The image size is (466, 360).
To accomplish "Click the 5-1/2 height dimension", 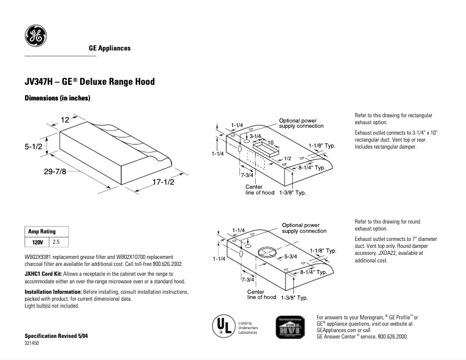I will [34, 147].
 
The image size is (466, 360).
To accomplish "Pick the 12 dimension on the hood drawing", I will [64, 120].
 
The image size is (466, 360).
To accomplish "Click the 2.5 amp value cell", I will [56, 241].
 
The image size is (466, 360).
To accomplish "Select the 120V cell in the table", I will [37, 241].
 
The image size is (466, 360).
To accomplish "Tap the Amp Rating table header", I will [42, 232].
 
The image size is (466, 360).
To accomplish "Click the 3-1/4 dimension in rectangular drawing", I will [256, 135].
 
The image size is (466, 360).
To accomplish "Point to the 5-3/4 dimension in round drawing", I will [291, 255].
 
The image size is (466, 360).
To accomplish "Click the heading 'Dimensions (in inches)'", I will [57, 98].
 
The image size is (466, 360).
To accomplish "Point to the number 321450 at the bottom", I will [32, 344].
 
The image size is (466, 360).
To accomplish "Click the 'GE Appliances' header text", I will [109, 48].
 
